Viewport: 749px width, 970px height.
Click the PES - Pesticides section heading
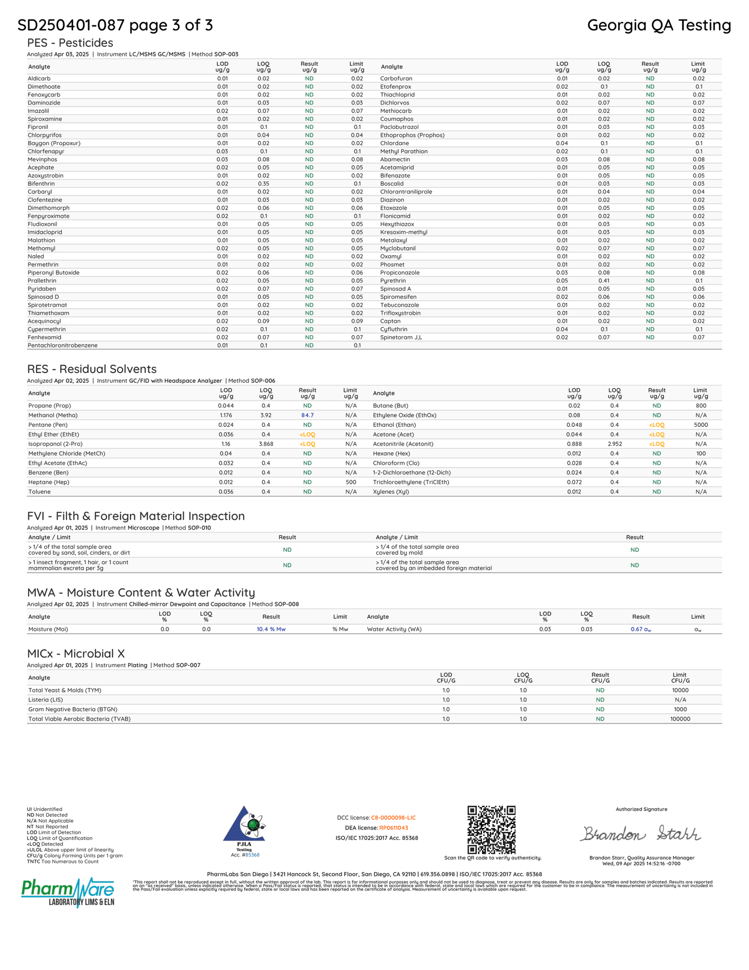tap(70, 43)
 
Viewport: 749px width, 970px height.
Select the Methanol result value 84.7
tap(307, 415)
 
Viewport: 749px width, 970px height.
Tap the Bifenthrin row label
tap(41, 184)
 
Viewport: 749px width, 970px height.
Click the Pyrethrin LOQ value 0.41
tap(604, 281)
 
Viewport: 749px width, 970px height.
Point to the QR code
tap(491, 829)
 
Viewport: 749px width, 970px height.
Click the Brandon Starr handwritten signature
tap(641, 834)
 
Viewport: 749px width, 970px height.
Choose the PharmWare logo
tap(68, 892)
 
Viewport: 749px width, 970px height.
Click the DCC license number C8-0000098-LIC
tap(393, 818)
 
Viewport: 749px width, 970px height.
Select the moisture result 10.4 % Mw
tap(271, 629)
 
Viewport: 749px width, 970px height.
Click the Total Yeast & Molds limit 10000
tap(680, 690)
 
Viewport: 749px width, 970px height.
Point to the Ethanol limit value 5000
tap(700, 425)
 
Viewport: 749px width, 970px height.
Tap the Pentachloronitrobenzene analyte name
tap(63, 345)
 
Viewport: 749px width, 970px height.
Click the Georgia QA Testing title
tap(659, 25)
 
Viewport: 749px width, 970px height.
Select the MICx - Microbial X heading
tap(76, 654)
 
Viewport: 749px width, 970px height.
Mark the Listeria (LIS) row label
tap(46, 700)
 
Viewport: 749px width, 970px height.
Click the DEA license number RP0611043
tap(393, 828)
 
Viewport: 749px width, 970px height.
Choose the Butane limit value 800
tap(701, 406)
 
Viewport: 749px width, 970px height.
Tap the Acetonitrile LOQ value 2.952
tap(614, 444)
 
